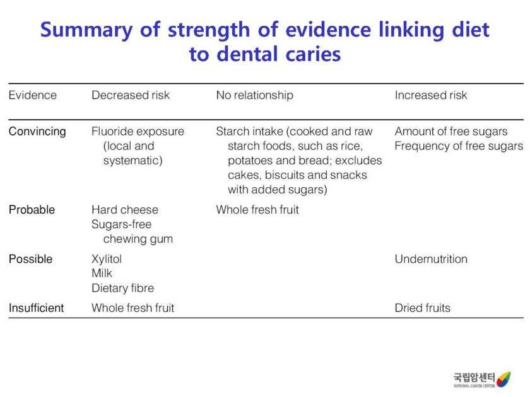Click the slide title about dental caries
(x=264, y=42)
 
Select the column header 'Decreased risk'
(x=131, y=95)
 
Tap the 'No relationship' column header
(x=254, y=95)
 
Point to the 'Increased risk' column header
(x=431, y=95)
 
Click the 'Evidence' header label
(x=32, y=95)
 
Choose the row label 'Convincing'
(x=37, y=132)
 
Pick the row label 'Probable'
(x=32, y=210)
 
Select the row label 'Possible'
(x=30, y=259)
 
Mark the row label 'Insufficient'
(x=36, y=308)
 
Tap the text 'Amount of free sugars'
(x=451, y=132)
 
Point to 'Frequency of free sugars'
(x=459, y=146)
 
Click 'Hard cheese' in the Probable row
(x=125, y=210)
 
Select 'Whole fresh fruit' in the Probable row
(x=257, y=210)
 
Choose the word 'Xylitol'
(x=107, y=259)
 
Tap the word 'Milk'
(x=102, y=273)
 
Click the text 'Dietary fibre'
(x=122, y=288)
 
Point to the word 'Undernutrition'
(x=431, y=259)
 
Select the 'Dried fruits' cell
(x=423, y=308)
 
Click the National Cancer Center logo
(x=481, y=379)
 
